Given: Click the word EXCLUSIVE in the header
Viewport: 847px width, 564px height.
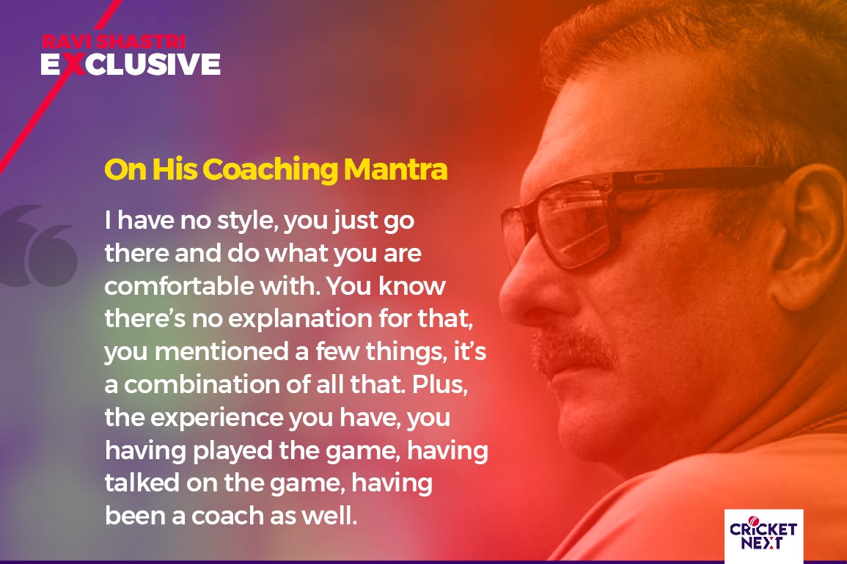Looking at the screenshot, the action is [131, 64].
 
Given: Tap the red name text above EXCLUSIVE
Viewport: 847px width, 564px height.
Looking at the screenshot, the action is [114, 41].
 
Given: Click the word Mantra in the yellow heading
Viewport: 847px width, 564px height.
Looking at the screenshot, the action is [395, 169].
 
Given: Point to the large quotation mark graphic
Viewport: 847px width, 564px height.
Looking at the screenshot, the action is [38, 246].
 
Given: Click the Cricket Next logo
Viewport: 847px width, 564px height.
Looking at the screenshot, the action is [763, 534].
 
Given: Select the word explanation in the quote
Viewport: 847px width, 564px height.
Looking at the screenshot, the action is [300, 319].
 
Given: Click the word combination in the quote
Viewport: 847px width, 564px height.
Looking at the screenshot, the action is [203, 384].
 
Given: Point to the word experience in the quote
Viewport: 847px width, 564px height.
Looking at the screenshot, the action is [216, 418].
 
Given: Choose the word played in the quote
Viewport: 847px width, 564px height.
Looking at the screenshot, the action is [232, 451].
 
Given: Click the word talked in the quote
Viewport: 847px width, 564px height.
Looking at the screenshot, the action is [142, 483].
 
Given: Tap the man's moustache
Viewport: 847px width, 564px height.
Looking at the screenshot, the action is [573, 345].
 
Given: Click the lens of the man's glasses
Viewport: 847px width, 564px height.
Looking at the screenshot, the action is [573, 222].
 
